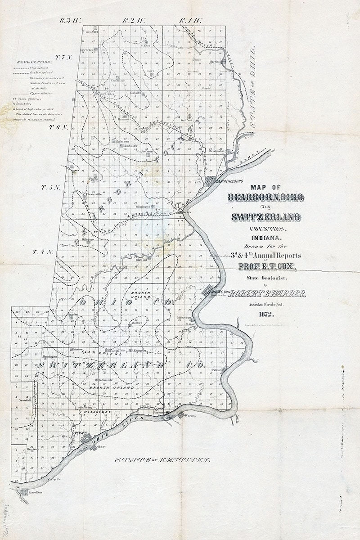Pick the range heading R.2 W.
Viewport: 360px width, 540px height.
133,20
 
